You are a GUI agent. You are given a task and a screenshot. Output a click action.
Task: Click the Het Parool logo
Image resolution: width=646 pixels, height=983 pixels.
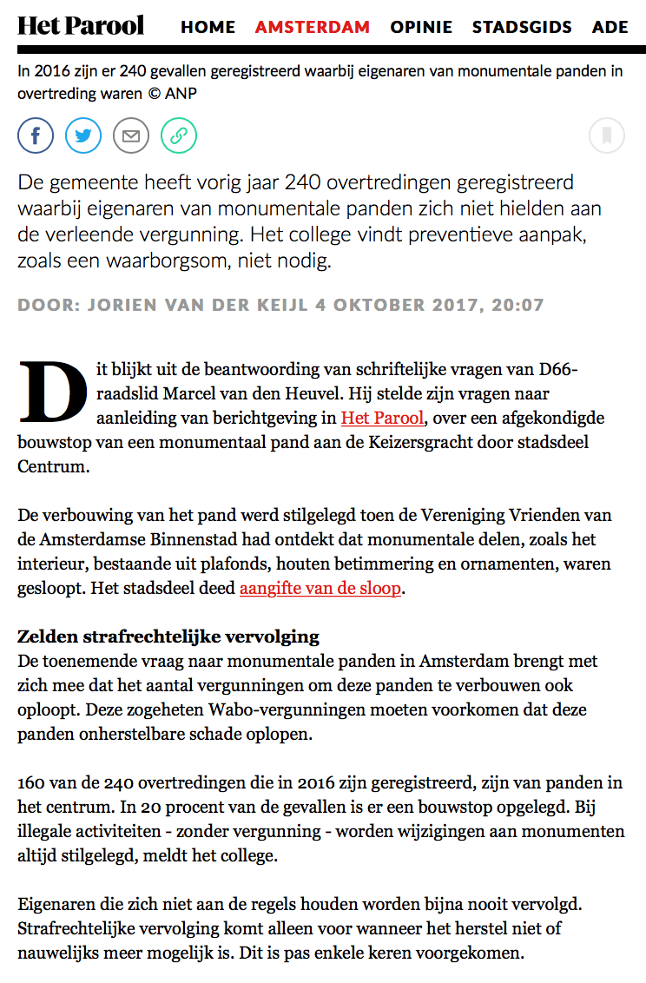click(81, 25)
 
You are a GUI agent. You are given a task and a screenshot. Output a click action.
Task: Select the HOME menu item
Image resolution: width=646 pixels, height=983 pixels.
click(208, 27)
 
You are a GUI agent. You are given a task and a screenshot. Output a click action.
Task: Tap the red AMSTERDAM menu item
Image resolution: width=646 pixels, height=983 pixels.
click(313, 27)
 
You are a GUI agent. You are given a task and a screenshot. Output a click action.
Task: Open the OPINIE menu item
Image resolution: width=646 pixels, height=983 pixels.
click(421, 27)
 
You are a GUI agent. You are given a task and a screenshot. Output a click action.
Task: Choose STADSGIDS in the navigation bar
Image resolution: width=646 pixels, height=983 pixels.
click(522, 27)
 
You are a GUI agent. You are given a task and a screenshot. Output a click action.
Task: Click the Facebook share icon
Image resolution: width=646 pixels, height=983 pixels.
click(36, 135)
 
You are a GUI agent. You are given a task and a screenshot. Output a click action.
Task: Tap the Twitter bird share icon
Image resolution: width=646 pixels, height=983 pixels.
click(83, 135)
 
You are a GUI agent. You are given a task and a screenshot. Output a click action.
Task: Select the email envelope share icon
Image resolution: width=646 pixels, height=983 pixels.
click(131, 135)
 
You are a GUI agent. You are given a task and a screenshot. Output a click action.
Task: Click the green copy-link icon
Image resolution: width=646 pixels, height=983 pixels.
click(179, 135)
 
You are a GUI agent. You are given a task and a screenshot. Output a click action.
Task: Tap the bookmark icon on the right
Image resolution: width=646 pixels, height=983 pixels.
click(607, 135)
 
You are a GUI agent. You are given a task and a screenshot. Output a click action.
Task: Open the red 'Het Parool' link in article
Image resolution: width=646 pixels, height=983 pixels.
click(382, 418)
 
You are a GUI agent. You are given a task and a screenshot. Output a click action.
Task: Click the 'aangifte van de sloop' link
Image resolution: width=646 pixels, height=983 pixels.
click(320, 588)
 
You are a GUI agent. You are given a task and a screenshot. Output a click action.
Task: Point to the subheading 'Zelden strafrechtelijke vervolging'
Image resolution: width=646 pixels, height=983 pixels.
click(168, 637)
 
